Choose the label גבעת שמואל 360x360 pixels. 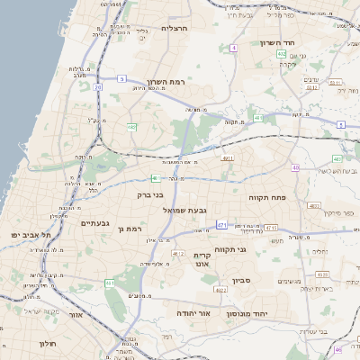(x=186, y=210)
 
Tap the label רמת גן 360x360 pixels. (x=131, y=229)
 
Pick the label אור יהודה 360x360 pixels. (x=192, y=312)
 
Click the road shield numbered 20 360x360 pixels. (x=98, y=87)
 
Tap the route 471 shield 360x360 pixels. (x=221, y=225)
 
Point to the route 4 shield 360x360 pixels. (x=233, y=47)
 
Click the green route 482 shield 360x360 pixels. (x=131, y=127)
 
